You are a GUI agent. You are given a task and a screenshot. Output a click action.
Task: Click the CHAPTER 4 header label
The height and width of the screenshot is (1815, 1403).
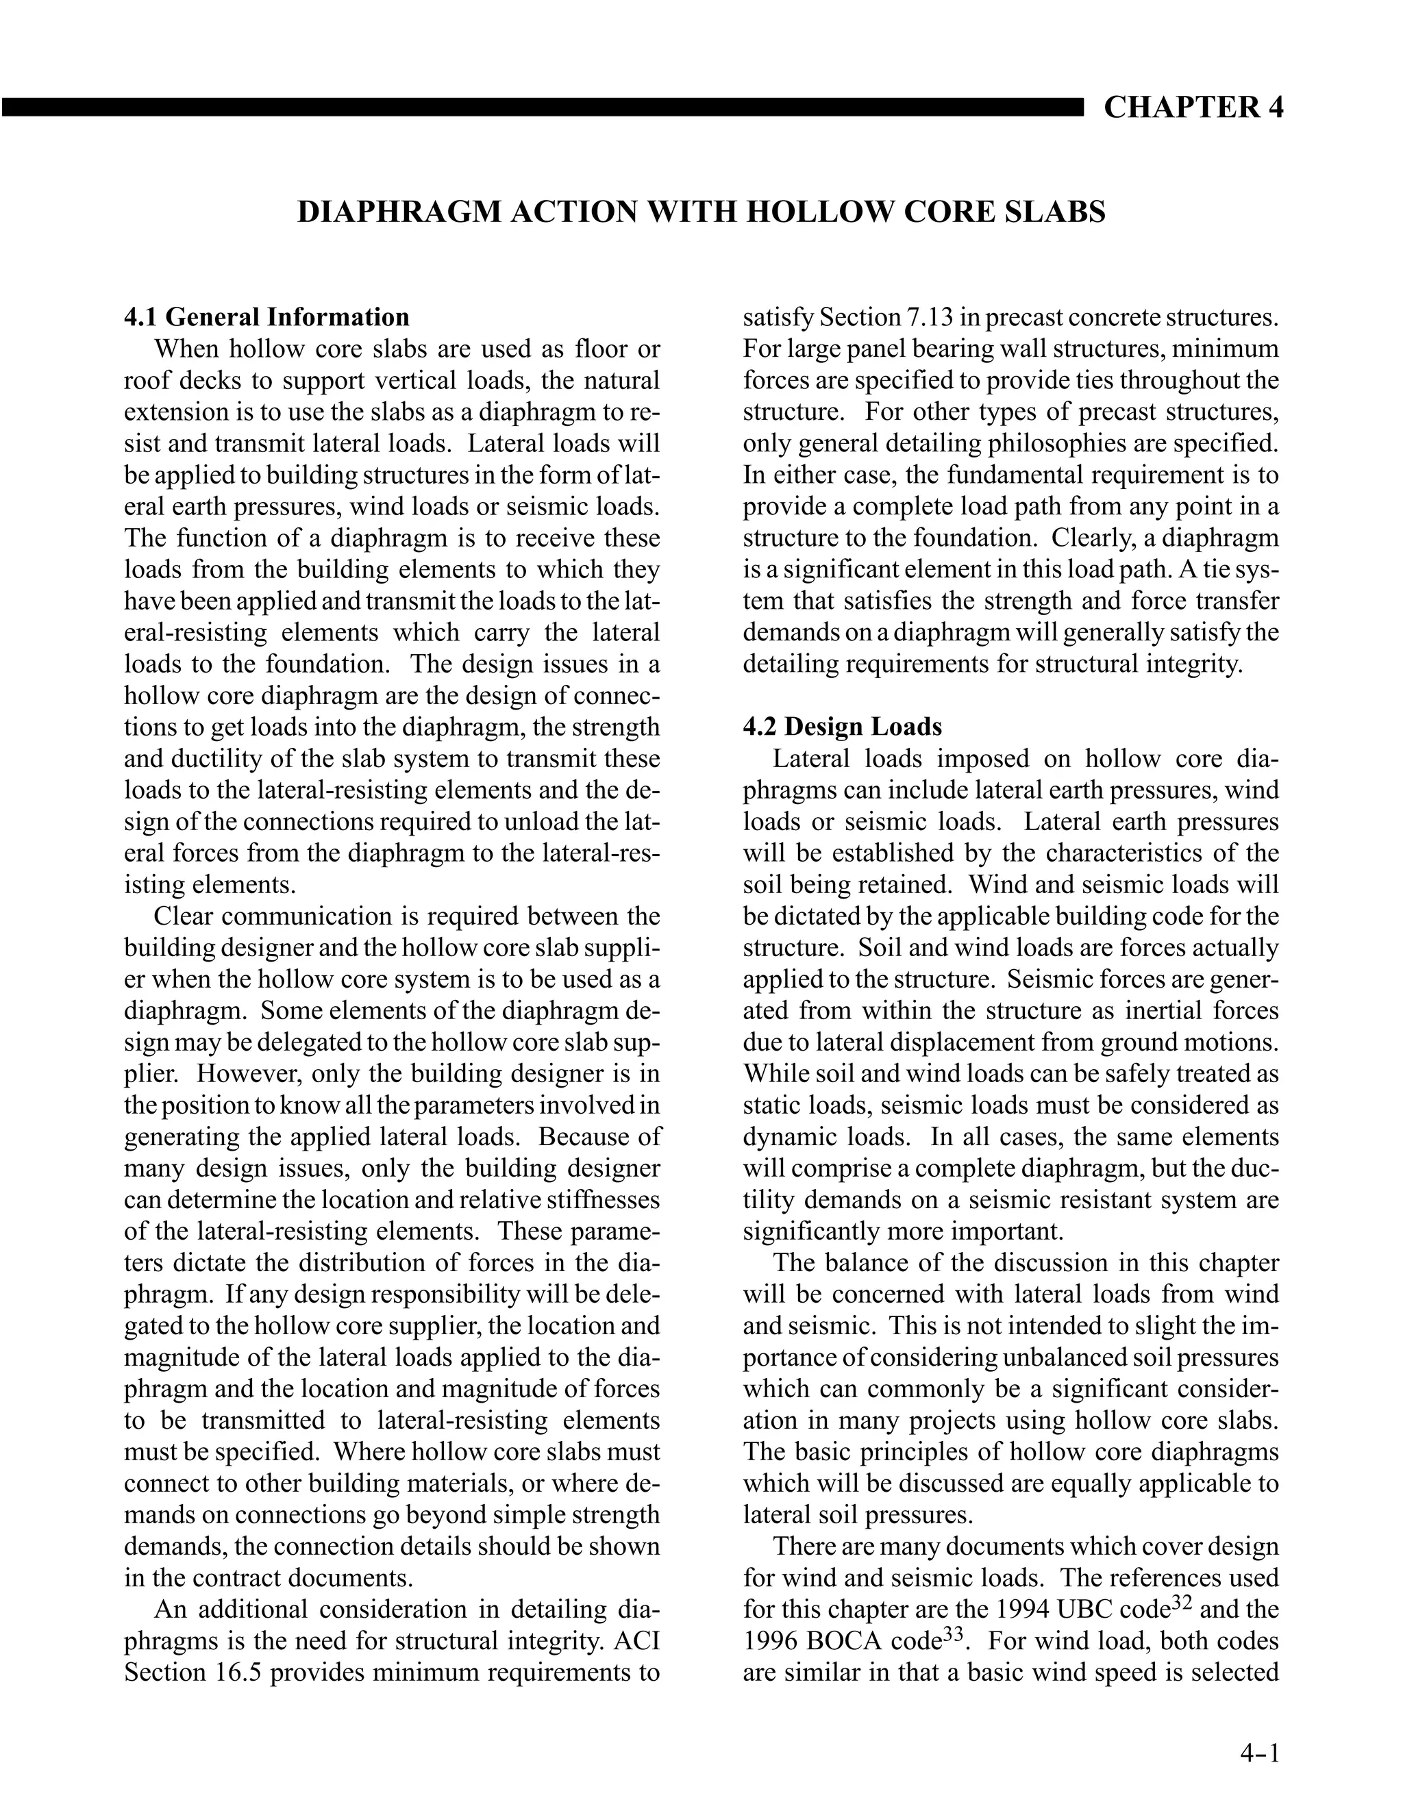1193,108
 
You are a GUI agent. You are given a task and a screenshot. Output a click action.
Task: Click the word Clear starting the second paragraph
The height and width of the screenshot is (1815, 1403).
184,916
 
